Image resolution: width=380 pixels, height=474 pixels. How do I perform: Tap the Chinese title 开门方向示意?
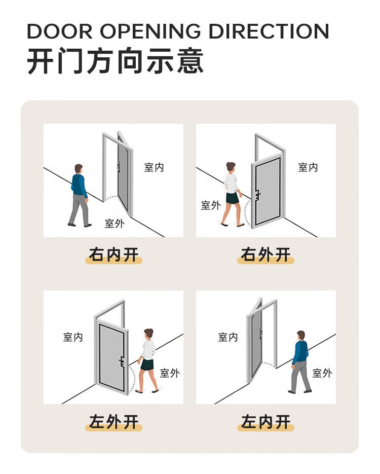click(x=115, y=60)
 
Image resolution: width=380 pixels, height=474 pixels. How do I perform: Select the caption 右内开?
click(x=113, y=254)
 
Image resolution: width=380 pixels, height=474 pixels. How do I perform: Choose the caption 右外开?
click(x=265, y=254)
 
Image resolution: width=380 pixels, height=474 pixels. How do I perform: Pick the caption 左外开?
click(x=113, y=422)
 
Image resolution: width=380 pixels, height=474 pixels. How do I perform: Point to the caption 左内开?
click(x=265, y=422)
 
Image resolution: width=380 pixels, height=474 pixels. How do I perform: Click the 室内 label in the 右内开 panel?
click(x=154, y=167)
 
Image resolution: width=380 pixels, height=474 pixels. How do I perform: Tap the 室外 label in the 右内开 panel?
click(x=115, y=224)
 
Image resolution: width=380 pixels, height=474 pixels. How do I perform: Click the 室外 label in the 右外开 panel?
click(x=211, y=205)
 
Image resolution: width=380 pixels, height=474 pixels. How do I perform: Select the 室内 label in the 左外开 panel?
click(x=73, y=337)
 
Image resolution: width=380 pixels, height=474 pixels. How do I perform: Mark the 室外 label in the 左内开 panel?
click(x=322, y=373)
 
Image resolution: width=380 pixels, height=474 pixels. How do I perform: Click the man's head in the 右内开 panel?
click(x=79, y=169)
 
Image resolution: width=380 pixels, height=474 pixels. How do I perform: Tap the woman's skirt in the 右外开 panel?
click(x=232, y=198)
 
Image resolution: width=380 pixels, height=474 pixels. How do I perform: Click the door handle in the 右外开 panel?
click(x=258, y=195)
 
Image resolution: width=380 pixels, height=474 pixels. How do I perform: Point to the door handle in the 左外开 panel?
click(x=122, y=362)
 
